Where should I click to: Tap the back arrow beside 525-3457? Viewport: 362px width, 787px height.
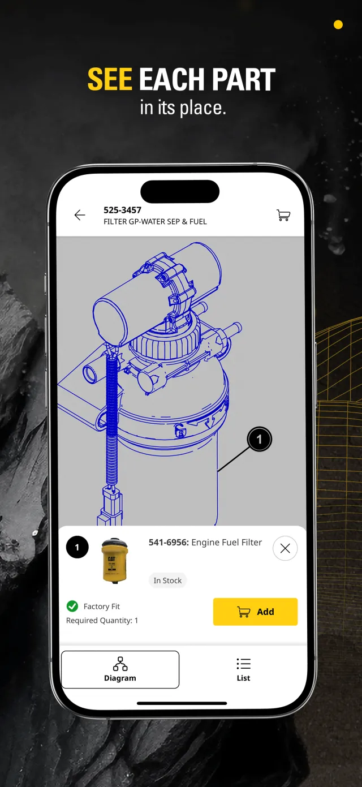pos(80,214)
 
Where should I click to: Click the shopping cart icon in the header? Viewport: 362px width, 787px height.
pos(283,215)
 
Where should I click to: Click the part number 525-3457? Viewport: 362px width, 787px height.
pos(122,210)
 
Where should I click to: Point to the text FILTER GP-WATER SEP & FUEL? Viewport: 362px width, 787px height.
pos(155,222)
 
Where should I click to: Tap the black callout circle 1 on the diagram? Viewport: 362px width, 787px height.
pos(260,439)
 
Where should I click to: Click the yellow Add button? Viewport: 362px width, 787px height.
pos(255,612)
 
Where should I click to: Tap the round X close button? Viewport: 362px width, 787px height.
pos(285,548)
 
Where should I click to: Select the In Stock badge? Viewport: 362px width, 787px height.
pos(167,580)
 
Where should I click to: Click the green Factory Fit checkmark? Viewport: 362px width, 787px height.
pos(72,606)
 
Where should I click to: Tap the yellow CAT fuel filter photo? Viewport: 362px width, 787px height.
pos(114,561)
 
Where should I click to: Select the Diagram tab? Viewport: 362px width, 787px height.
pos(120,669)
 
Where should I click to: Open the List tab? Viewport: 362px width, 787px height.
pos(243,670)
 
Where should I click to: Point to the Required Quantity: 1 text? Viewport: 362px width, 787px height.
pos(102,621)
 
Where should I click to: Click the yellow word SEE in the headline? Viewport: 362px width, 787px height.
pos(110,79)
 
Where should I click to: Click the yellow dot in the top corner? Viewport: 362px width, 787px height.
pos(338,24)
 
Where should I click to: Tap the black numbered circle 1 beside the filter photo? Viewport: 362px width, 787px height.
pos(77,547)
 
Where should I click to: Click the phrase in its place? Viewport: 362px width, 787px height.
pos(183,107)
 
